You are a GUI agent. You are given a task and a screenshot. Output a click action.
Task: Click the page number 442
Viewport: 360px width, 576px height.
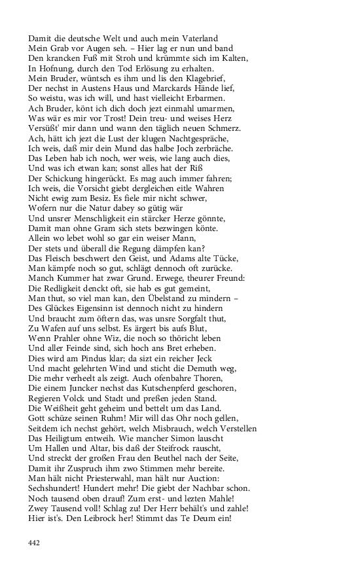coord(34,541)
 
